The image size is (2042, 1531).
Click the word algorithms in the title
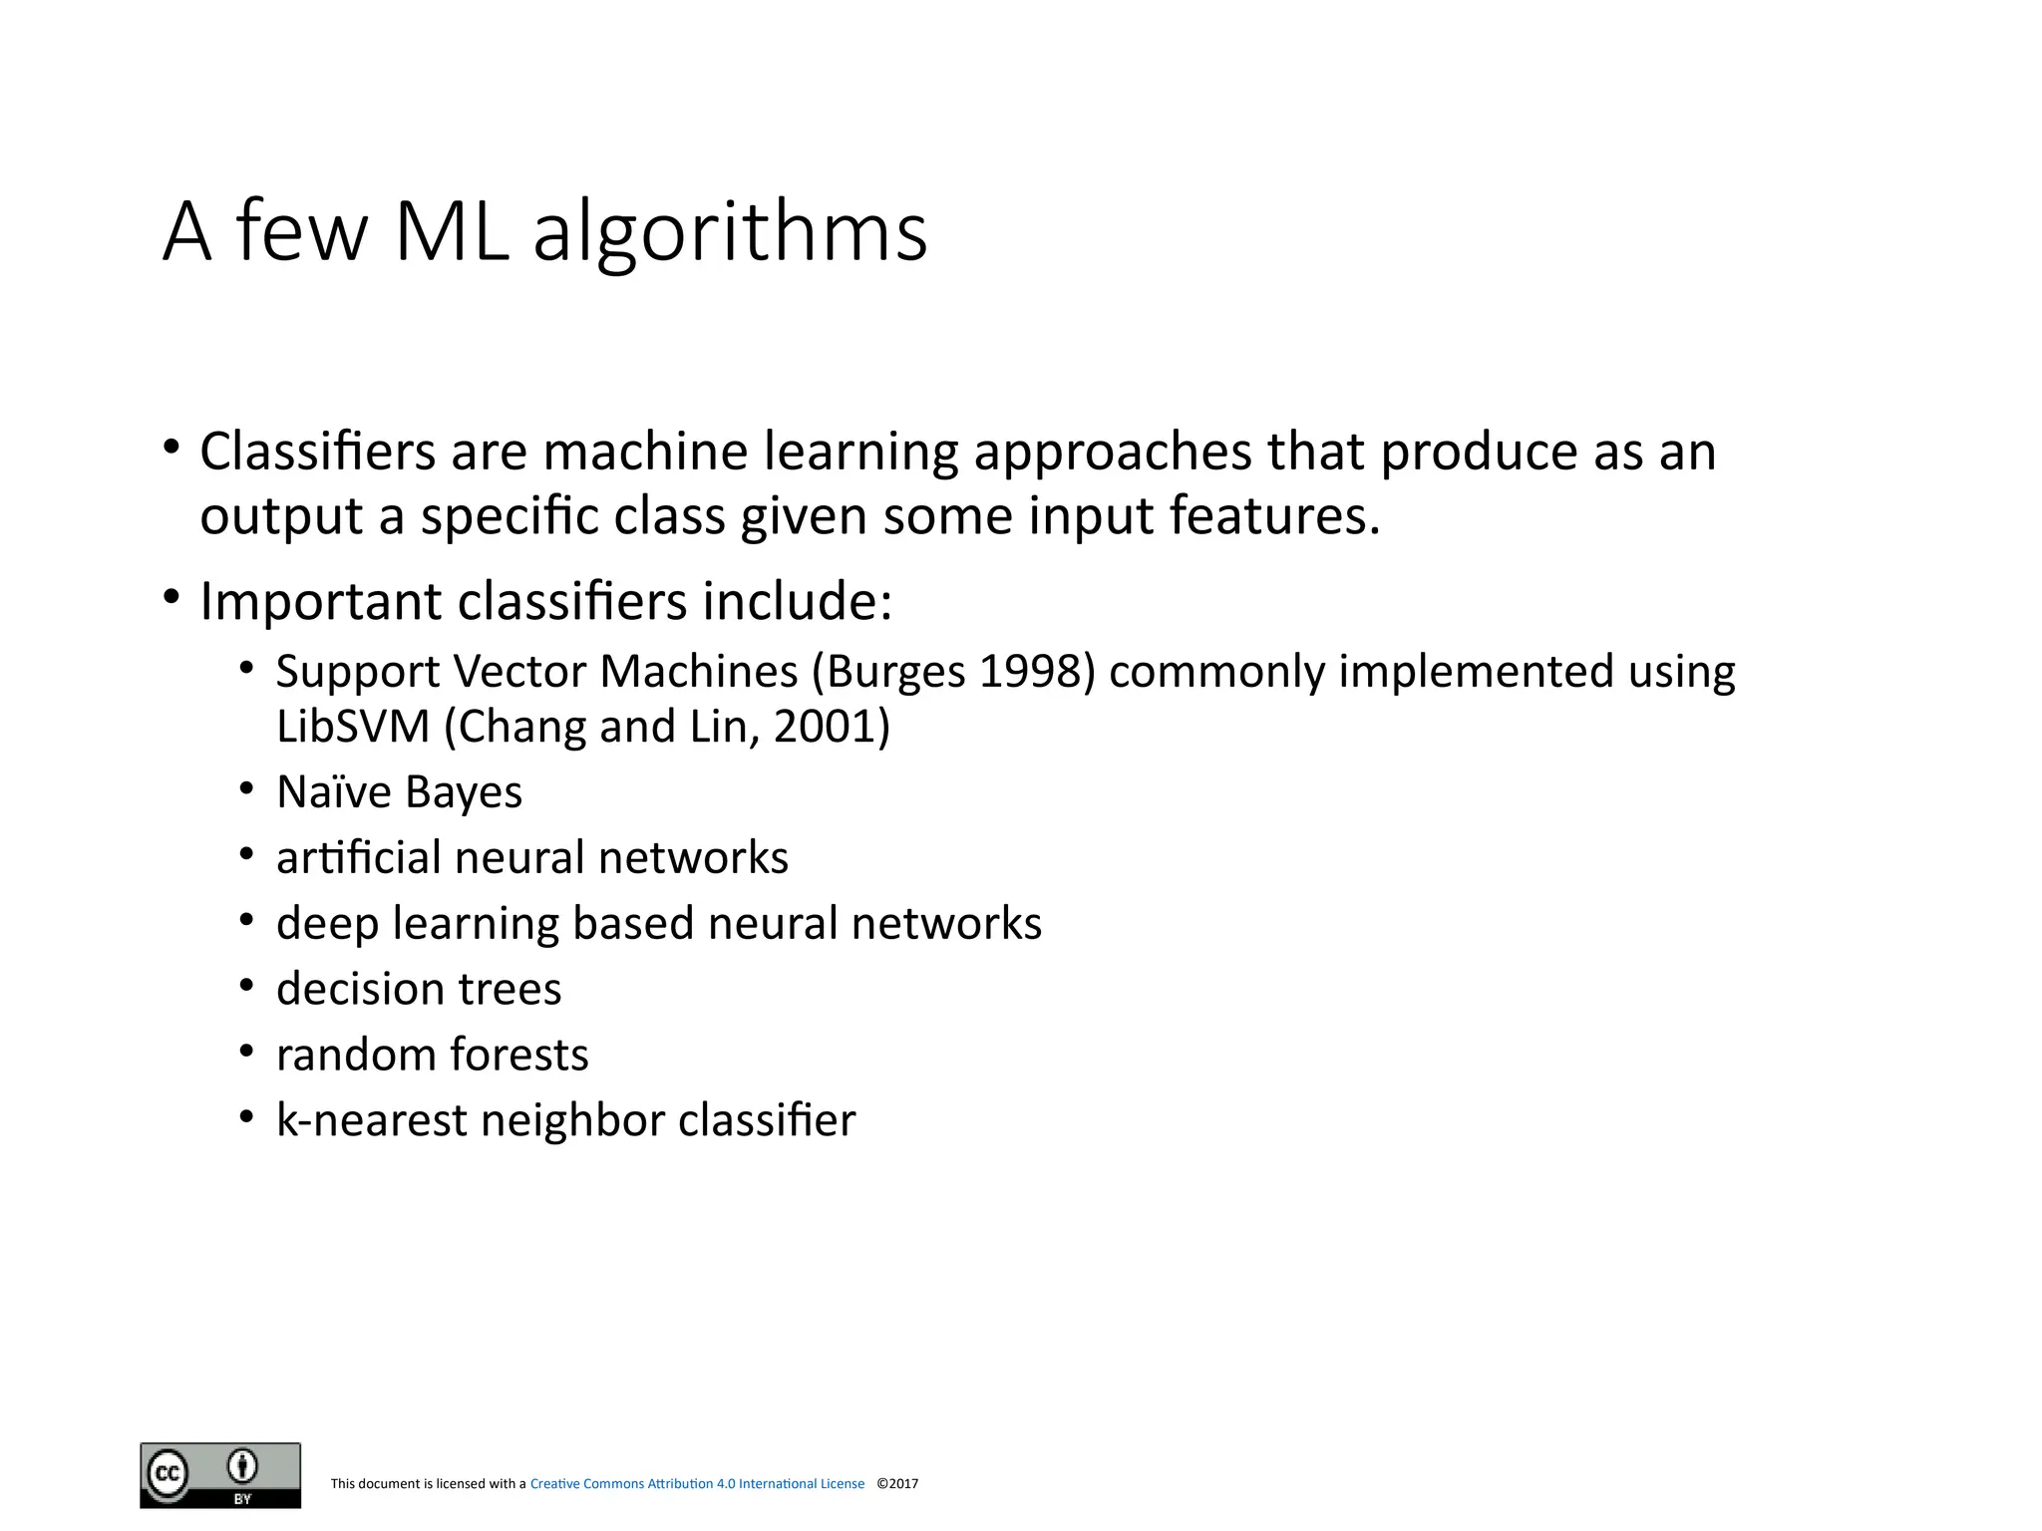(730, 233)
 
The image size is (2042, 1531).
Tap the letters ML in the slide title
(452, 233)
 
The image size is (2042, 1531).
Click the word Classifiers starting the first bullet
(317, 452)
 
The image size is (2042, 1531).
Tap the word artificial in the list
(358, 858)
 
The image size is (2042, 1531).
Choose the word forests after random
(519, 1055)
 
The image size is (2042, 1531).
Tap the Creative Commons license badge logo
(220, 1475)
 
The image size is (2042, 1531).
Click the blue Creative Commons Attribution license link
(697, 1484)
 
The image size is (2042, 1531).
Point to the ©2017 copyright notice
(897, 1484)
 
